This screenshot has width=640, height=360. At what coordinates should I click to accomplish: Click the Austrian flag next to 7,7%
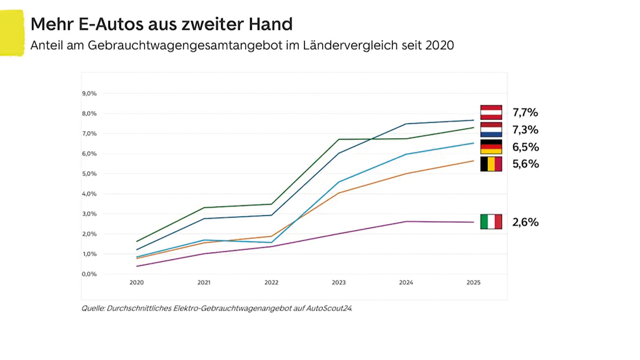coord(491,112)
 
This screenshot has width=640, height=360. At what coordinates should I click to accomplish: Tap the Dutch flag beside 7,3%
coord(491,130)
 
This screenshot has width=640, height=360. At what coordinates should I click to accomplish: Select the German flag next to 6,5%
coord(491,147)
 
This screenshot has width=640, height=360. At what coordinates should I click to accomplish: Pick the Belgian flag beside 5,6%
coord(491,164)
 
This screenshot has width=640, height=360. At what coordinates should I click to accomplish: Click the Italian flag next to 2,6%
coord(491,222)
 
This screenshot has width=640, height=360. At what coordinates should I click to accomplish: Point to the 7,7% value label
coord(525,112)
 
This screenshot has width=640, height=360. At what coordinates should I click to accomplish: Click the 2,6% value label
coord(525,222)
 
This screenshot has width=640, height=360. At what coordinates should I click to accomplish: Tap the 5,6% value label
coord(526,164)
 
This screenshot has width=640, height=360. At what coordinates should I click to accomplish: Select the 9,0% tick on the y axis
coord(89,93)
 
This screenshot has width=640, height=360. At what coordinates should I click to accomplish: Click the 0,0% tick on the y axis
coord(89,274)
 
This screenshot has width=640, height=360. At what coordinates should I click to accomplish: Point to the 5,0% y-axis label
coord(89,174)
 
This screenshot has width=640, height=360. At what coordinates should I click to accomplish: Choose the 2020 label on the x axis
coord(137,282)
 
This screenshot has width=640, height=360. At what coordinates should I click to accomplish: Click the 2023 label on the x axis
coord(339,282)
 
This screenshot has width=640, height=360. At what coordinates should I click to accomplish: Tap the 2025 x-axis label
coord(473,282)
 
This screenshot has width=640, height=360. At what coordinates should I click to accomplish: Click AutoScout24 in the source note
coord(329,308)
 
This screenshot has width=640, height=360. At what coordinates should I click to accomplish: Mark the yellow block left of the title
coord(12,33)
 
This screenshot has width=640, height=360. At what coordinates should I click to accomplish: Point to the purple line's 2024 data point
coord(406,222)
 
